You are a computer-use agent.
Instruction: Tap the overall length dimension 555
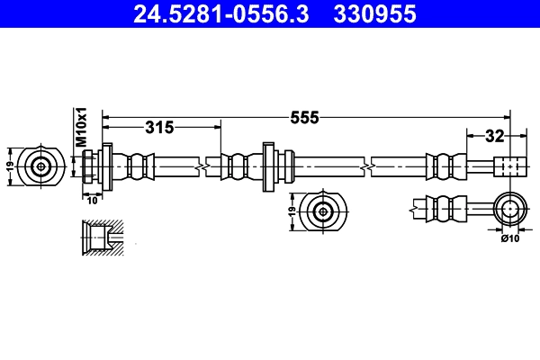point(304,118)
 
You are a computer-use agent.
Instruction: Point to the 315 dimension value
point(159,128)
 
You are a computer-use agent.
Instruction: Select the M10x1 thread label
point(80,127)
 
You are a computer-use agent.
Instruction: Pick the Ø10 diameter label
point(510,238)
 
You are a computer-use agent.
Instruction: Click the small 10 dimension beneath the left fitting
point(91,200)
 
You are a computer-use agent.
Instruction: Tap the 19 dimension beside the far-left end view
point(11,166)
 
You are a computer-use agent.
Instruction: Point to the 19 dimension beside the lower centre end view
point(292,212)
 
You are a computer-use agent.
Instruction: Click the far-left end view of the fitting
point(41,166)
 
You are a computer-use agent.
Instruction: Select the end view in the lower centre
point(323,212)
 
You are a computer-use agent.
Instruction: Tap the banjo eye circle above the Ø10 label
point(510,211)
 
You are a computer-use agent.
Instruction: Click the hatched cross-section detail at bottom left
point(101,238)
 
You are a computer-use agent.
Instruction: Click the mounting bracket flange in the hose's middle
point(267,166)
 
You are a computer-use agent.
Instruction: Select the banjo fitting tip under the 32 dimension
point(508,166)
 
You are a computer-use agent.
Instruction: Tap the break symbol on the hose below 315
point(210,166)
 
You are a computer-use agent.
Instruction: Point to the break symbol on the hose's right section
point(366,166)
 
